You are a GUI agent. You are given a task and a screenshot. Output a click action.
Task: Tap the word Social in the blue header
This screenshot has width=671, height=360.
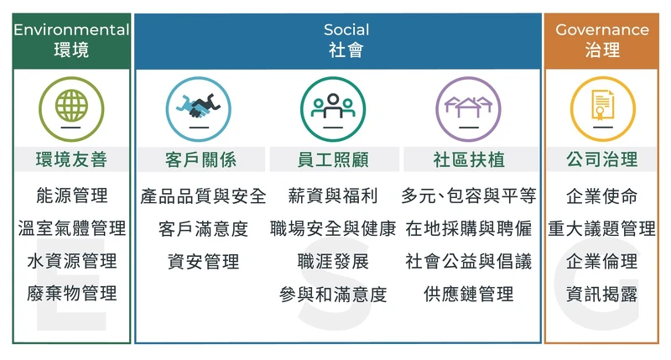[x=346, y=29]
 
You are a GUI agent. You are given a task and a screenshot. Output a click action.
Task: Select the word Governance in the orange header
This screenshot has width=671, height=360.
[x=602, y=29]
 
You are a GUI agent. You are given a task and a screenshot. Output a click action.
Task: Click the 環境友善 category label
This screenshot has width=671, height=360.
[x=72, y=159]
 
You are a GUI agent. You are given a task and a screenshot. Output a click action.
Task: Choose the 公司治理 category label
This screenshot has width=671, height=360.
[x=601, y=159]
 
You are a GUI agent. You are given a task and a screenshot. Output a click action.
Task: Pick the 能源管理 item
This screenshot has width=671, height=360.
[x=72, y=196]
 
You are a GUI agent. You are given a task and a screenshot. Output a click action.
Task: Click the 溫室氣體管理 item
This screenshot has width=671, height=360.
[x=72, y=228]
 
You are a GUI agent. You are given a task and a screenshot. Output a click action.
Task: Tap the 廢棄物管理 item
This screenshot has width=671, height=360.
[x=72, y=294]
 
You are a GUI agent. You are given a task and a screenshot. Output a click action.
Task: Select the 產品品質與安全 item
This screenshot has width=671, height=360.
[x=203, y=196]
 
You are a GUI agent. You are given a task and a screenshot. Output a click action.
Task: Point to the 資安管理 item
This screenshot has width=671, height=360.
[x=203, y=261]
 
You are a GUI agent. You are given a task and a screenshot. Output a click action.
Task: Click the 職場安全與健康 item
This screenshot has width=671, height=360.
[x=333, y=228]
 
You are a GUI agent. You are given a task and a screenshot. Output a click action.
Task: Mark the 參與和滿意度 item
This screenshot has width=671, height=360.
[x=333, y=294]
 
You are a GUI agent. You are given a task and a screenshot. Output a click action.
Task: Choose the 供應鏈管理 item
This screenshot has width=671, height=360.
[x=468, y=294]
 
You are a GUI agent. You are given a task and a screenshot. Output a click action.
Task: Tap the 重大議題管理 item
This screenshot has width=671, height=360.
[x=601, y=228]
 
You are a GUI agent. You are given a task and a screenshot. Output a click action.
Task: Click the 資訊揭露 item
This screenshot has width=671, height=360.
[x=601, y=294]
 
